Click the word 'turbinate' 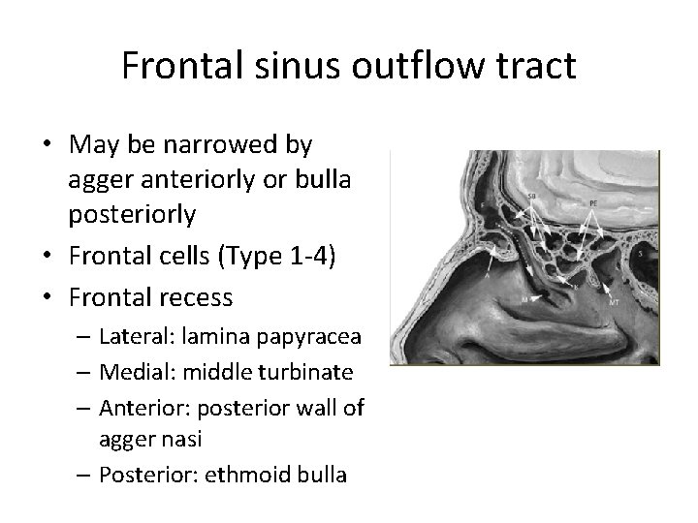(308, 372)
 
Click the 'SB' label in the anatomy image (532, 198)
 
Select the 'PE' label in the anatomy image (592, 202)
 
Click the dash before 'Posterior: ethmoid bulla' (81, 476)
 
